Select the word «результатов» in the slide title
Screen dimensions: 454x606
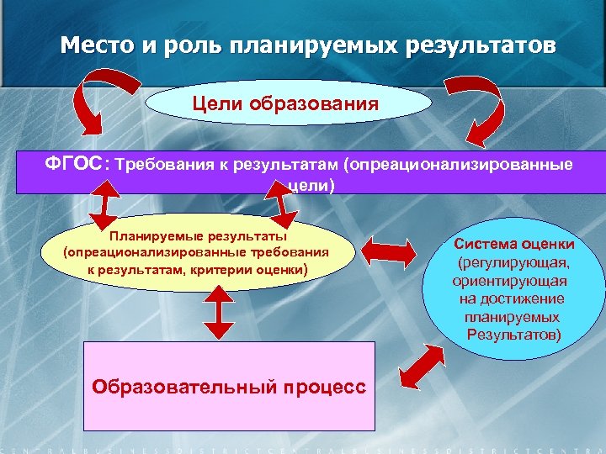482,45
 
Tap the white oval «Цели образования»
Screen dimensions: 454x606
286,103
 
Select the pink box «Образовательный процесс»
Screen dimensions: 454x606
229,386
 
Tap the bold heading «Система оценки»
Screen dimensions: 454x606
514,244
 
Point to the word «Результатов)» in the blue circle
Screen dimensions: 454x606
513,336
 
